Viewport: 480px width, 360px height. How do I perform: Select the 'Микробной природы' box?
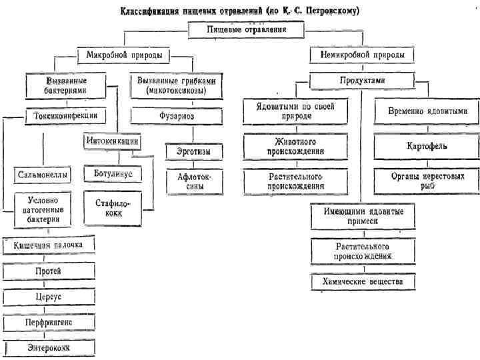124,55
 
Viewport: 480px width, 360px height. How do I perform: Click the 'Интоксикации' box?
112,141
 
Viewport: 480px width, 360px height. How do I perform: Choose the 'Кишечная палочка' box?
50,246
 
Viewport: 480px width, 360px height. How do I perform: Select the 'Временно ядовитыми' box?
427,111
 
